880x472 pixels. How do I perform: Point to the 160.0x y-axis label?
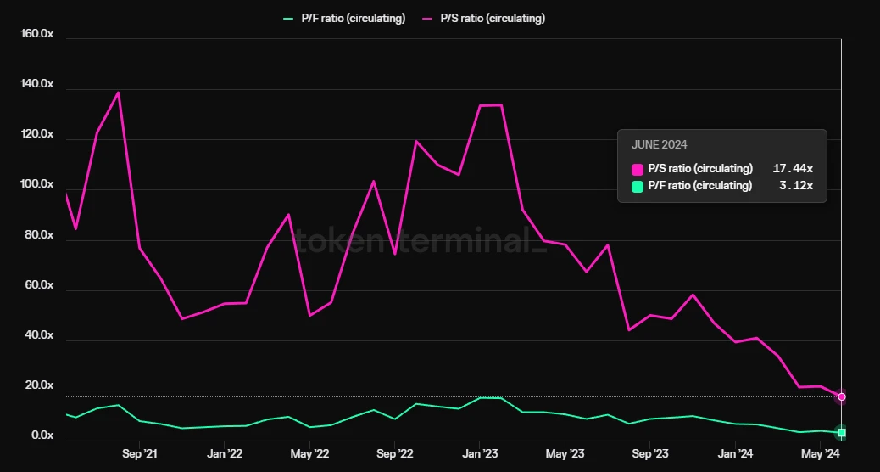36,34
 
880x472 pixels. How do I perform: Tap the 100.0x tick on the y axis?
36,185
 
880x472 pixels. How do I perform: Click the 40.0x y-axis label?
39,335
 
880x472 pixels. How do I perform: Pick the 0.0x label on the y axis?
42,436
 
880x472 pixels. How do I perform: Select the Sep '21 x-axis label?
139,454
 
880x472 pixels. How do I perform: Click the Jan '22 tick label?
225,454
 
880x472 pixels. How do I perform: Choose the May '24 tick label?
820,454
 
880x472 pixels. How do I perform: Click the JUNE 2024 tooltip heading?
659,145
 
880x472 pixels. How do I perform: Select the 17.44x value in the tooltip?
793,169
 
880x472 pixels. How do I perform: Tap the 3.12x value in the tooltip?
796,186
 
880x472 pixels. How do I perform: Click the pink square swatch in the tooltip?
638,169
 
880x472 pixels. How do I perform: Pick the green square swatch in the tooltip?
638,186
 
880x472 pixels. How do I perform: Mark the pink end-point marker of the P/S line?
841,396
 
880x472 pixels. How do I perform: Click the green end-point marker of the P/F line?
841,433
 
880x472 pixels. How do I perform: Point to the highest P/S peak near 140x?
118,93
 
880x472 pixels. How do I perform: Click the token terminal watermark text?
415,240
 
